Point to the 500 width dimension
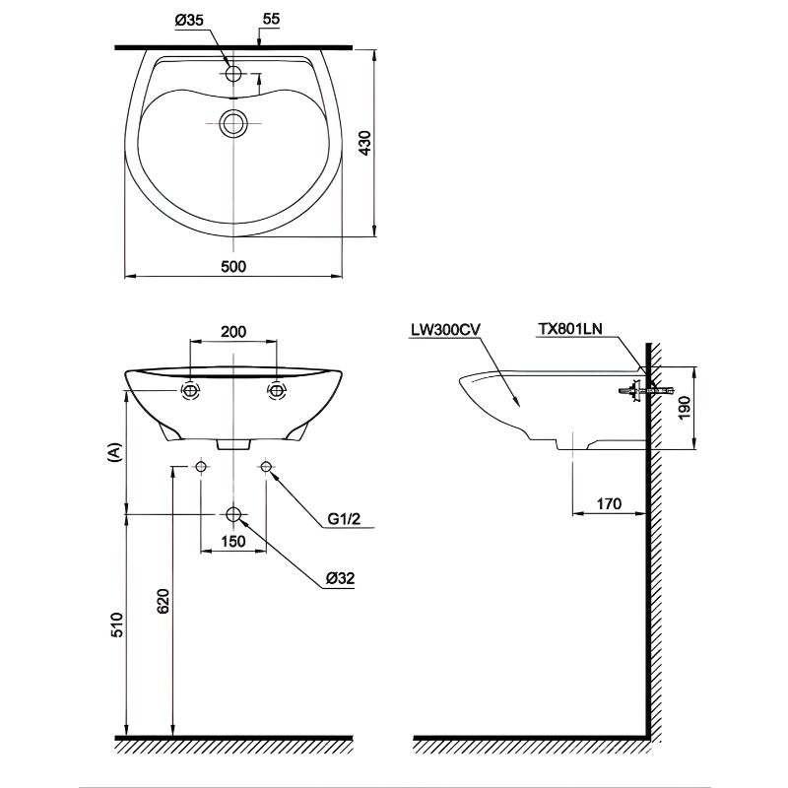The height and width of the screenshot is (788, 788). [x=232, y=266]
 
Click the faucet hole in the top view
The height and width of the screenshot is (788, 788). [x=234, y=74]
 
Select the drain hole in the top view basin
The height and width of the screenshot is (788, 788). [x=233, y=122]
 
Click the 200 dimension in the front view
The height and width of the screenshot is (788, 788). [x=233, y=332]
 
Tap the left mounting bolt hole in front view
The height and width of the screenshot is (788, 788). [x=190, y=391]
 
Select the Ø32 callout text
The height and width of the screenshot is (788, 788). [x=342, y=578]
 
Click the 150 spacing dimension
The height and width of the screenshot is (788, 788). [x=232, y=541]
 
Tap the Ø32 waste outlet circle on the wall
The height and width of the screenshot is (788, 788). [x=233, y=514]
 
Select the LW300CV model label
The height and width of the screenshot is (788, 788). [x=445, y=332]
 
